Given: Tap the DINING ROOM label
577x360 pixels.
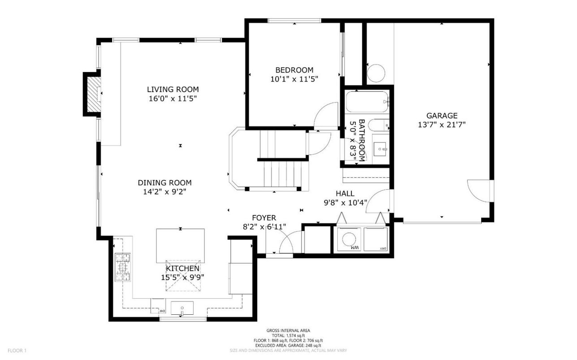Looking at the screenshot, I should click(164, 183).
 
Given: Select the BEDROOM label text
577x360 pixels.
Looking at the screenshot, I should click(294, 70).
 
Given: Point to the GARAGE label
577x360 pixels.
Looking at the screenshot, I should click(442, 116).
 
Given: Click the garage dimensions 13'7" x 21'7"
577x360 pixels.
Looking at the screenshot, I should click(442, 125).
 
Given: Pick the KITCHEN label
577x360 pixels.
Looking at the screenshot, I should click(183, 268).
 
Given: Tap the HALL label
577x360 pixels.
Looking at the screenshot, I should click(345, 193).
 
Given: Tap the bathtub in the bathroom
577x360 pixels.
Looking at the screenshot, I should click(366, 103).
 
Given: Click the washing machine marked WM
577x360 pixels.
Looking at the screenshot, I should click(349, 240).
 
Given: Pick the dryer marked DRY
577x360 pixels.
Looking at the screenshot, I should click(376, 240).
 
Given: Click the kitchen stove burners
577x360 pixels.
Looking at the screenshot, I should click(122, 267).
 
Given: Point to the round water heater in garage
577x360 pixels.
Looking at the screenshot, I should click(376, 74).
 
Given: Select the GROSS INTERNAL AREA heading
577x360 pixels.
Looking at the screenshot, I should click(288, 330).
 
